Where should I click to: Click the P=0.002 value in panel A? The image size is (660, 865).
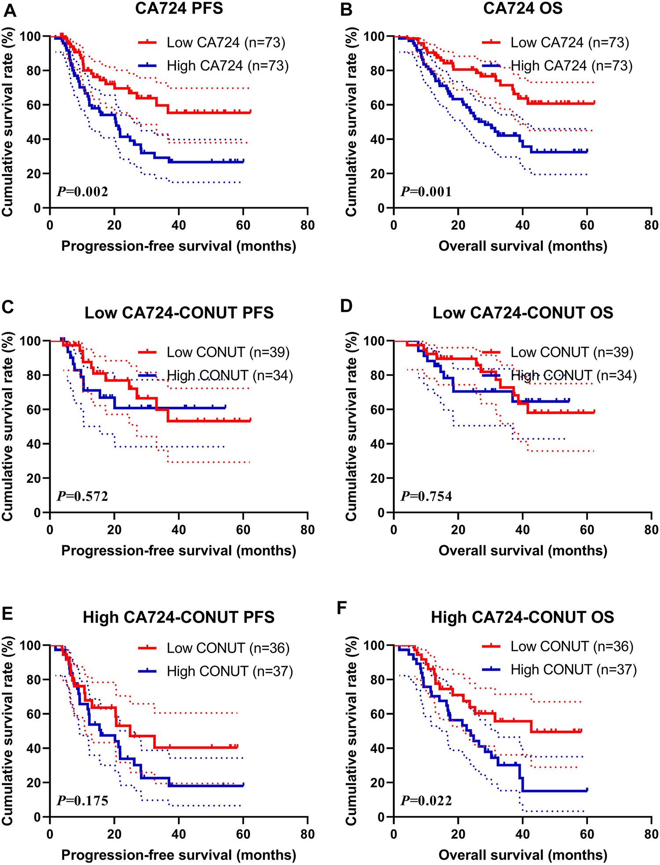(x=82, y=191)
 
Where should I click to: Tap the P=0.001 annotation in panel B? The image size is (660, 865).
(x=426, y=191)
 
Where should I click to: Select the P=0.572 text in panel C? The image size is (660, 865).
(x=82, y=496)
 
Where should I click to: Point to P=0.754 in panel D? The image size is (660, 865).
(x=426, y=496)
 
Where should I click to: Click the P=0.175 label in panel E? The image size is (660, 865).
(x=82, y=800)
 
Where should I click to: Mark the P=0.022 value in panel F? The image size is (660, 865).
(x=426, y=800)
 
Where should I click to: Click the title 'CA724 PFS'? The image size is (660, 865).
(x=179, y=8)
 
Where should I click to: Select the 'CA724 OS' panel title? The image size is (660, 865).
(x=523, y=8)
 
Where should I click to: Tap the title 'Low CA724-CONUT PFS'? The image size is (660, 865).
(x=179, y=313)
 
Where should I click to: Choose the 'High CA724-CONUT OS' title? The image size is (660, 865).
(x=523, y=617)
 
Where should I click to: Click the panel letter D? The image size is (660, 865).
(x=347, y=305)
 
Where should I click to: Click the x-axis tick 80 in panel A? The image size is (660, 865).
(x=308, y=225)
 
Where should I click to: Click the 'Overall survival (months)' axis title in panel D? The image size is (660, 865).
(x=523, y=550)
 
